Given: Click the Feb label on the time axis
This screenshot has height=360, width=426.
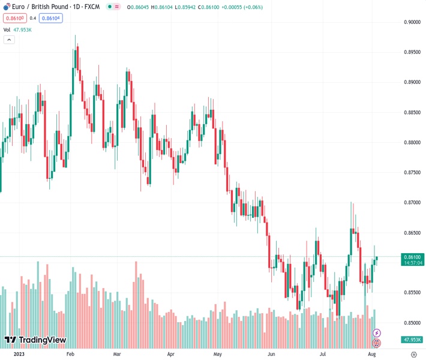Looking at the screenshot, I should point(71,355).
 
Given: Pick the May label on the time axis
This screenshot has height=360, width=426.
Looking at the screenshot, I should point(217,355).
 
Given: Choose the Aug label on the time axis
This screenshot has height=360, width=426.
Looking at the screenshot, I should point(372,355).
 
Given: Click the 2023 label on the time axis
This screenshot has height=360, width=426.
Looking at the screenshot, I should point(19,355).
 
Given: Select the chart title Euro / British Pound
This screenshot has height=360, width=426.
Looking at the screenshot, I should point(37,7).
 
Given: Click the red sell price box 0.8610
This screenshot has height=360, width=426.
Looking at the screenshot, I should point(13,18).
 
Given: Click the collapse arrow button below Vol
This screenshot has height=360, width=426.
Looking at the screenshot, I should point(9,40).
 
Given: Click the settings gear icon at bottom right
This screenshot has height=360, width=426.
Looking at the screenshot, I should point(413,355).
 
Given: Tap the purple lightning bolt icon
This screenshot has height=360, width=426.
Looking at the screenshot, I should point(377,332).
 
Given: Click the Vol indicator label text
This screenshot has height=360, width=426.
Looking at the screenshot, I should point(7,29).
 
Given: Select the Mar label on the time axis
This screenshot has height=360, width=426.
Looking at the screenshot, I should point(118,355).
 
